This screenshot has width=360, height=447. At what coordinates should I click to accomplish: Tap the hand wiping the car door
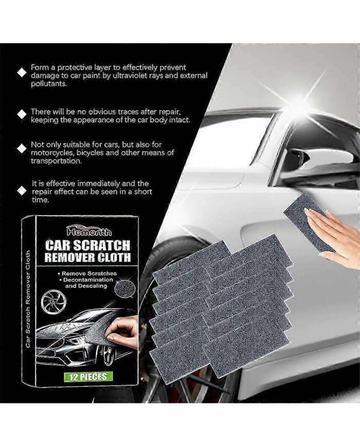333,231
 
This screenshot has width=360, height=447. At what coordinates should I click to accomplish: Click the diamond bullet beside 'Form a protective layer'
22,73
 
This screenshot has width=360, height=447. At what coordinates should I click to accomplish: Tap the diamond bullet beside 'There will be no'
22,113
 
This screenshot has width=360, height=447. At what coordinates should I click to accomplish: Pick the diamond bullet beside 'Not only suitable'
22,149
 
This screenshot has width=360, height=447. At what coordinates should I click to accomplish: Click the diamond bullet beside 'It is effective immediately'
22,190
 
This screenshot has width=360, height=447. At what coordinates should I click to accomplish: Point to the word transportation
56,160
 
